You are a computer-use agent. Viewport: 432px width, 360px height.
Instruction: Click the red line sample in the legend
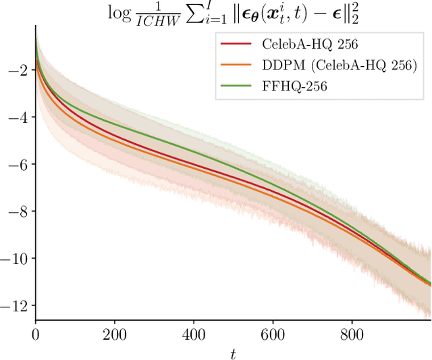click(x=236, y=44)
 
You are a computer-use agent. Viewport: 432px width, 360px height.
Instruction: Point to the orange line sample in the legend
click(x=236, y=66)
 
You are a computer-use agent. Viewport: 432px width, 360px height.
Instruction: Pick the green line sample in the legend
click(x=236, y=86)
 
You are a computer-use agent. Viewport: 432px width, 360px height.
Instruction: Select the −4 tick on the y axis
click(x=16, y=118)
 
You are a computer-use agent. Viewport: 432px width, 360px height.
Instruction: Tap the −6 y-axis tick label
click(x=16, y=165)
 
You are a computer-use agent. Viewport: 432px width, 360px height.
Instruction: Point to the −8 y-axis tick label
click(x=16, y=211)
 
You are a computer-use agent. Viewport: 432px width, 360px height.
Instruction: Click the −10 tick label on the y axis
click(x=13, y=259)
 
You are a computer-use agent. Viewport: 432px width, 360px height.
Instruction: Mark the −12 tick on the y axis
click(x=13, y=305)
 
